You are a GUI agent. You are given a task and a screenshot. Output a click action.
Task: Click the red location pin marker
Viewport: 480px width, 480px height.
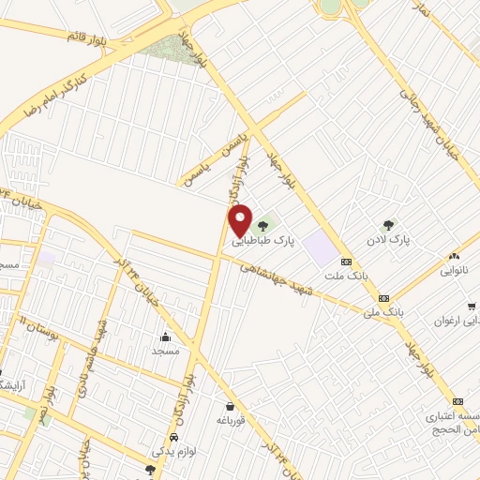pos(241,220)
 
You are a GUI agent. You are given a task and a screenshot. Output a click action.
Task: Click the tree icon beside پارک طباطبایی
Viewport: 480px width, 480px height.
pos(263,223)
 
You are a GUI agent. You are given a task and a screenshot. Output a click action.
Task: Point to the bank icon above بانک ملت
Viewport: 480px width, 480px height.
pos(346,262)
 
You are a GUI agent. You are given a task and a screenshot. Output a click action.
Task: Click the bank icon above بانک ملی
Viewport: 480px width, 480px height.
pos(383,298)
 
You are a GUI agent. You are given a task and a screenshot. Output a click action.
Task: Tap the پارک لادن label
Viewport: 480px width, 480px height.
pos(388,240)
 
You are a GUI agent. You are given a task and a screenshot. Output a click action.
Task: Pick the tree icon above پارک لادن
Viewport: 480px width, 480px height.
pos(388,224)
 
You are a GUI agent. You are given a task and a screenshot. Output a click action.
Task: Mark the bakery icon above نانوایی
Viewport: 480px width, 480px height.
pos(455,255)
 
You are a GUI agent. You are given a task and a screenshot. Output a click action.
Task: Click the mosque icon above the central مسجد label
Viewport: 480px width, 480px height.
pos(166,336)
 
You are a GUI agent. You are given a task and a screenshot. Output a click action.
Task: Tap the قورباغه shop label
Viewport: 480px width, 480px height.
pos(230,420)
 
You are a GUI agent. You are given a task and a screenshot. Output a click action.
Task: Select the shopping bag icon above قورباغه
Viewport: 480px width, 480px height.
pos(230,406)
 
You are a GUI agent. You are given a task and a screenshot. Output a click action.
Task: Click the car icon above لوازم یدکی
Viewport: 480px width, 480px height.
pos(174,439)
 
